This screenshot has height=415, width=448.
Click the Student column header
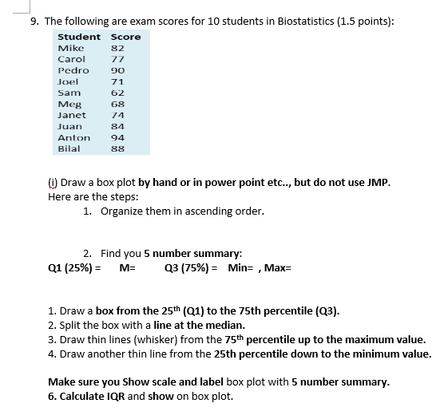[79, 37]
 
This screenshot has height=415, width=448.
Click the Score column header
[125, 37]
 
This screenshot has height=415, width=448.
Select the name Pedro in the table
[73, 70]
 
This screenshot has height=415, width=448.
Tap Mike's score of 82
[118, 48]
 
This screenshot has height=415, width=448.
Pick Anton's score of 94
[118, 137]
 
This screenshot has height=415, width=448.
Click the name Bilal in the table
[69, 148]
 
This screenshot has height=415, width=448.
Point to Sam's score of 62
[118, 93]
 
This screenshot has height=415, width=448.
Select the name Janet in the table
[72, 115]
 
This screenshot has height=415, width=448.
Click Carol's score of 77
[118, 59]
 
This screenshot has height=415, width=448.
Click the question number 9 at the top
[33, 21]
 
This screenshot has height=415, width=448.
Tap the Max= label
[278, 267]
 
